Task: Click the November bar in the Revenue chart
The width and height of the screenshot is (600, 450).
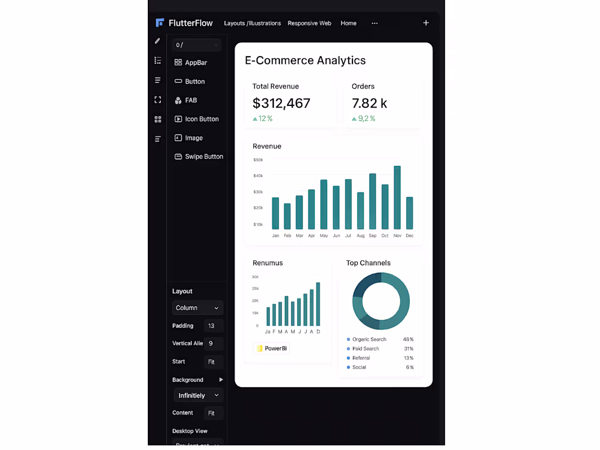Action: pyautogui.click(x=397, y=197)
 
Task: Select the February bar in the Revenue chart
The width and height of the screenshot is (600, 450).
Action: pyautogui.click(x=287, y=216)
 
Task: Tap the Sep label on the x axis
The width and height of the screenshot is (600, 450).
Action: pyautogui.click(x=373, y=236)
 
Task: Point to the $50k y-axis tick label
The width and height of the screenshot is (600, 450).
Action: pyautogui.click(x=258, y=160)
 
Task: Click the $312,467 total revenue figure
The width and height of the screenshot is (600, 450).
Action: pyautogui.click(x=281, y=103)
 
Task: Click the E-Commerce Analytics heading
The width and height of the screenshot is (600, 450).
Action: pyautogui.click(x=305, y=61)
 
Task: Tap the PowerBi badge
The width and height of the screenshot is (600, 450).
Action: pyautogui.click(x=272, y=349)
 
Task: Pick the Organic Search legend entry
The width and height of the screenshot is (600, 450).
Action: pyautogui.click(x=369, y=339)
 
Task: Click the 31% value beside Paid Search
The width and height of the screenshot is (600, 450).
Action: pyautogui.click(x=409, y=349)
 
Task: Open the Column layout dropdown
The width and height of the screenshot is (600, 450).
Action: pyautogui.click(x=197, y=308)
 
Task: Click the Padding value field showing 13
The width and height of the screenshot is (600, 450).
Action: pyautogui.click(x=213, y=326)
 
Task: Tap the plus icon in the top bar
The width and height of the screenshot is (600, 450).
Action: pyautogui.click(x=426, y=23)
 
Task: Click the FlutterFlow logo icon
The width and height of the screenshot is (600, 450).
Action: pyautogui.click(x=160, y=23)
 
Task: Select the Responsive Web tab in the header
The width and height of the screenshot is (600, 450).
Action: pyautogui.click(x=309, y=23)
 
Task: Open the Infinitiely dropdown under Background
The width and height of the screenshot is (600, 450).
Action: pyautogui.click(x=199, y=395)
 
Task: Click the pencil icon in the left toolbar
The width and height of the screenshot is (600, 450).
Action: pyautogui.click(x=158, y=41)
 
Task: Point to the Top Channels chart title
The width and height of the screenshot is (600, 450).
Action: pyautogui.click(x=368, y=263)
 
